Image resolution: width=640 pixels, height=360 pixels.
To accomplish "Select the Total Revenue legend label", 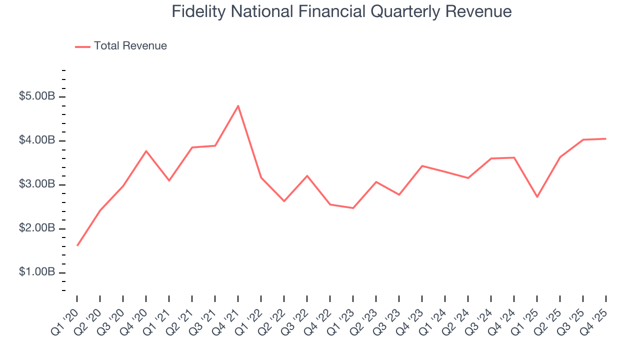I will point(130,46).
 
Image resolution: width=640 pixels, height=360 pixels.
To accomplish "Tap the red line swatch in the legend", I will point(82,46).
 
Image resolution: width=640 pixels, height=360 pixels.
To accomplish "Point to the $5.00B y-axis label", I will point(37,96).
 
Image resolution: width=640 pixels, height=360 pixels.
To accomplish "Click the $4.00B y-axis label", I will point(37,140).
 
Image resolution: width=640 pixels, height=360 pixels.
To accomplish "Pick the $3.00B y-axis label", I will point(37,184).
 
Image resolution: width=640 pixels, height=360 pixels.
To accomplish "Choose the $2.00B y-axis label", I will point(37,228).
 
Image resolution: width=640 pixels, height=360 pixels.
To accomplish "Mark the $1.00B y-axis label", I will point(37,272).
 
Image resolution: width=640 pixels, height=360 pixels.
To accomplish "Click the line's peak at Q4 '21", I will point(238,105).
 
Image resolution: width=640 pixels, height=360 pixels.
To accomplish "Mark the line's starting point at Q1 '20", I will point(77,245).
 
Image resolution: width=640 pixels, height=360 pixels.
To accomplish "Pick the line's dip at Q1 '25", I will point(537,197).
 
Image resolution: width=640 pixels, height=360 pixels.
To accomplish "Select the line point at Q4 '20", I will point(146,150).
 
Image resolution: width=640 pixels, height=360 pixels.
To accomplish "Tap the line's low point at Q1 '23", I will point(353,208).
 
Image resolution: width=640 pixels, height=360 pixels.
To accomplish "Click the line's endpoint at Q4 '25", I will point(606,138).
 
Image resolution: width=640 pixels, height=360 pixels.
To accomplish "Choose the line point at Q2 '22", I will point(284,201).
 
